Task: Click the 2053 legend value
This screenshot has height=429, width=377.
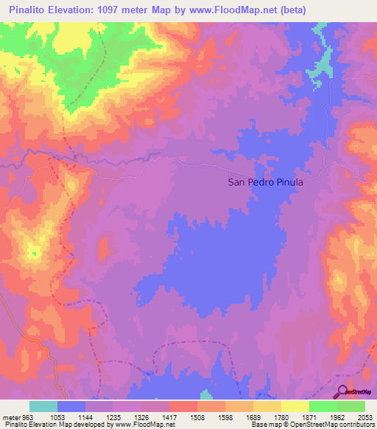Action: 364,417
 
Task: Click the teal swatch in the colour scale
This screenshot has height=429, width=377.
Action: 43,406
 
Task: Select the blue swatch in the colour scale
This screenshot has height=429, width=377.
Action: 71,406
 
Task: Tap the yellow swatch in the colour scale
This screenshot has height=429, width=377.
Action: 295,406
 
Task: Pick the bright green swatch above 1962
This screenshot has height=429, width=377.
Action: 323,406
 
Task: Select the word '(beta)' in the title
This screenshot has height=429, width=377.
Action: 292,10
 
